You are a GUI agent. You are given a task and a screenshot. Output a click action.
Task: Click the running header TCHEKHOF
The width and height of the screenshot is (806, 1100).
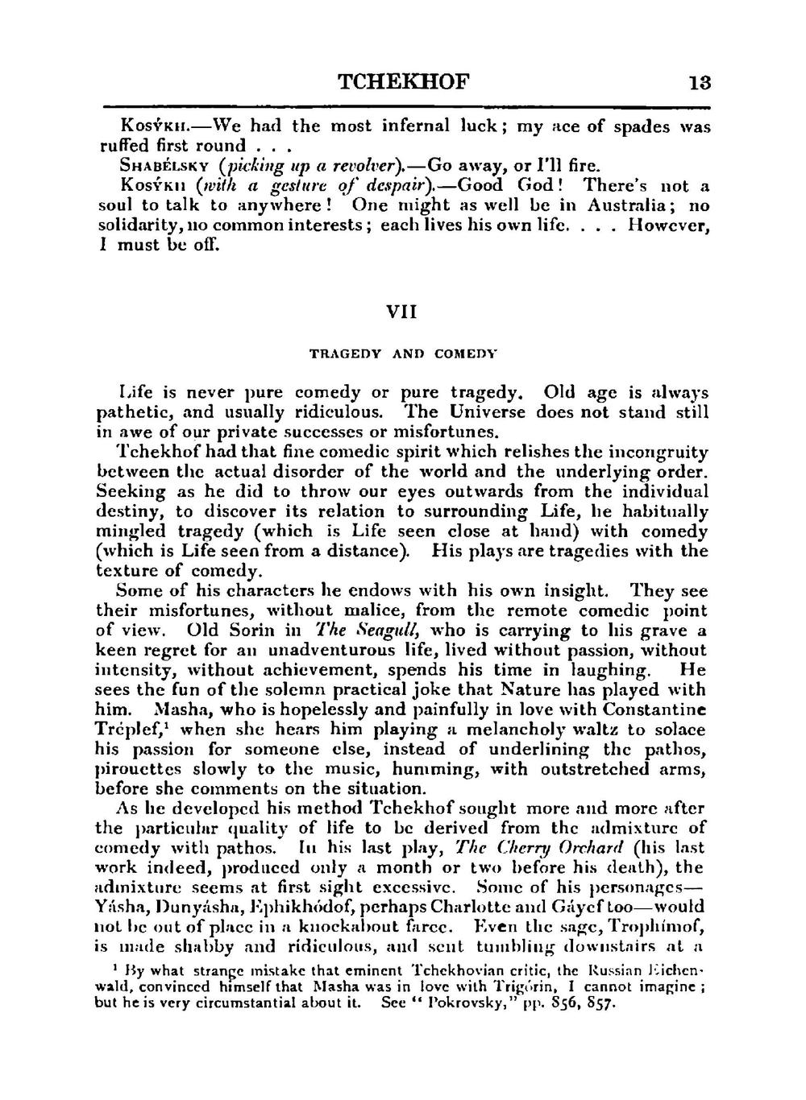coord(403,82)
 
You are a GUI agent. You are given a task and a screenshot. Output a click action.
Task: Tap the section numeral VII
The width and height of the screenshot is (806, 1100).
coord(402,312)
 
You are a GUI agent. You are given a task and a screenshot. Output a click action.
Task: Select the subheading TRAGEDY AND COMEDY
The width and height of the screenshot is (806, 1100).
coord(403,354)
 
